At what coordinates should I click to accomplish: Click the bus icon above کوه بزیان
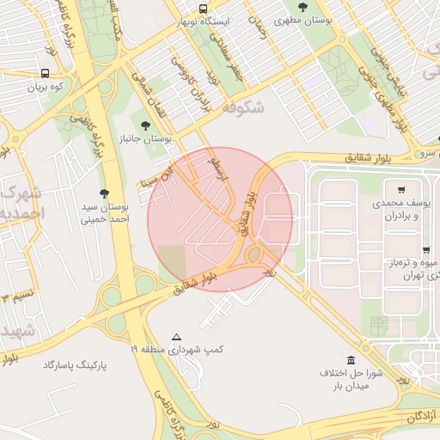[45, 74]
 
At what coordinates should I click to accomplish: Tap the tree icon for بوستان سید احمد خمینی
[105, 193]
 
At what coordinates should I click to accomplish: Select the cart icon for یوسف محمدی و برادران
[401, 189]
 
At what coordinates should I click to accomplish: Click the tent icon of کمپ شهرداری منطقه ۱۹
[176, 337]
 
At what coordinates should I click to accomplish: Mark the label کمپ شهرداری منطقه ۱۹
[176, 350]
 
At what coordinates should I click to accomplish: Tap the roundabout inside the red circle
[255, 254]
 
